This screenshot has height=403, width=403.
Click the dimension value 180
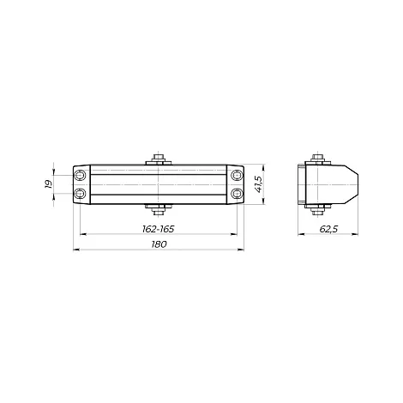click(x=159, y=244)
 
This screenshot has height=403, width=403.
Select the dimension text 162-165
click(x=158, y=229)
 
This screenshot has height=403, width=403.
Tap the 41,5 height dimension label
click(x=258, y=184)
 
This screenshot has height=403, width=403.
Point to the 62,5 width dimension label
click(x=328, y=229)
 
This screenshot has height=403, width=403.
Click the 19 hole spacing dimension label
click(x=48, y=183)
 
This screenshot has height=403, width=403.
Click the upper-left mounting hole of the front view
click(x=80, y=175)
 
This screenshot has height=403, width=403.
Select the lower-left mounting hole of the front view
click(x=80, y=194)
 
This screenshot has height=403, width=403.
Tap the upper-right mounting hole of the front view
click(x=237, y=175)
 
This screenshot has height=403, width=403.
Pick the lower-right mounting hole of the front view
click(x=237, y=194)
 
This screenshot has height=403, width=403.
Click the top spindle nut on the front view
click(x=159, y=158)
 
